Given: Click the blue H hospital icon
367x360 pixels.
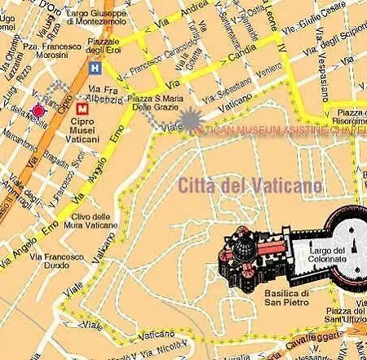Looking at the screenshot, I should click(97, 68).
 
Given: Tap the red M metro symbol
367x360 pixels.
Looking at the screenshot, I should click(82, 107).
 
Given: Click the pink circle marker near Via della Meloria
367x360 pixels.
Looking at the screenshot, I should click(38, 110).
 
